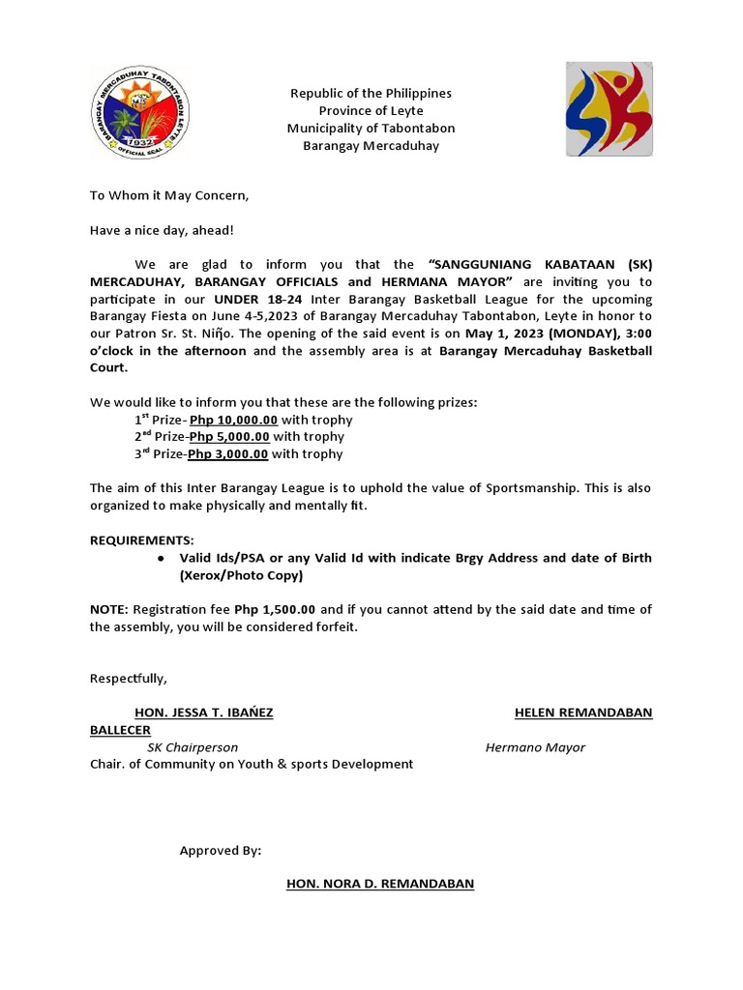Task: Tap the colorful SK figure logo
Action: coord(609,109)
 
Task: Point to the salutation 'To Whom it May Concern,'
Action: coord(169,195)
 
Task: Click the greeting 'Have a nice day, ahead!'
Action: coord(162,230)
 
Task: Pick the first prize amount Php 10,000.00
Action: coord(234,421)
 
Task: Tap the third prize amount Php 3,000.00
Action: coord(228,453)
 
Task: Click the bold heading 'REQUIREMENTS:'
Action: coord(142,539)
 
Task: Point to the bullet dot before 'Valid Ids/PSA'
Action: coord(160,558)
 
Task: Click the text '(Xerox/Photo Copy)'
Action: coord(241,575)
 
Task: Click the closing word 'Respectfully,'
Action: coord(129,678)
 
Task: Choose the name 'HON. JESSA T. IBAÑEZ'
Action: coord(204,713)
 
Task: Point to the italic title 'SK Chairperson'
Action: coord(193,747)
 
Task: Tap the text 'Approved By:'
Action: coord(221,851)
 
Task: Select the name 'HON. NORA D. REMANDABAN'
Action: coord(380,884)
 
